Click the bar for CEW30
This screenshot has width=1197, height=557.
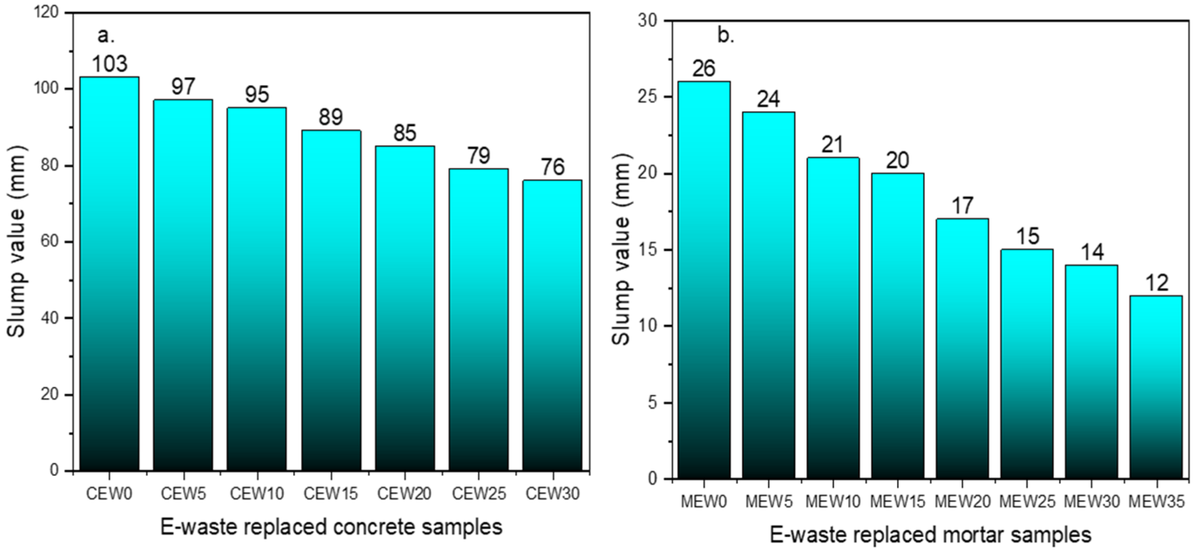[552, 326]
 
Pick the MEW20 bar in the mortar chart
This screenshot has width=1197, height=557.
[962, 349]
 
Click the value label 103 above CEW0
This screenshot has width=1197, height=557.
[109, 64]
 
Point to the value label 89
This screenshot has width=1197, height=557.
[330, 117]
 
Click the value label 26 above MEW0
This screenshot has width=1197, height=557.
[704, 69]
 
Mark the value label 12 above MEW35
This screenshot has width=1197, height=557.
[1157, 283]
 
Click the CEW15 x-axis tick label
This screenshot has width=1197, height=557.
[330, 494]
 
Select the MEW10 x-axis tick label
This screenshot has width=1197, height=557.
[833, 502]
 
